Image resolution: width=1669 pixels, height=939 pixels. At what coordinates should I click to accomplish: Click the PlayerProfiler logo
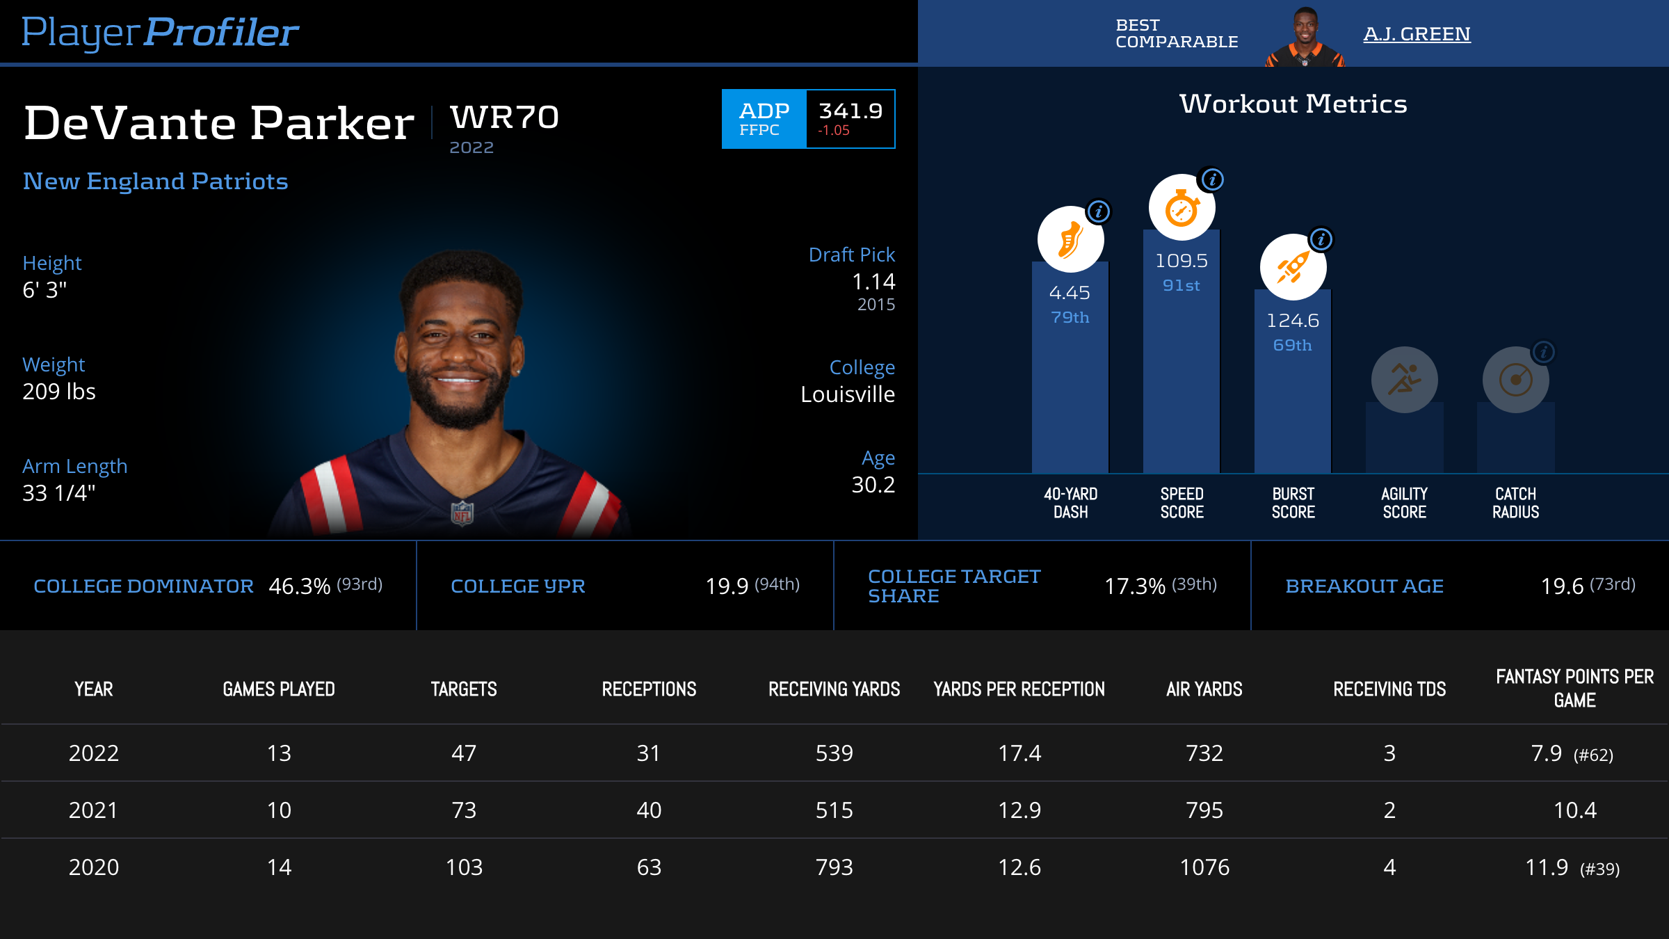click(160, 33)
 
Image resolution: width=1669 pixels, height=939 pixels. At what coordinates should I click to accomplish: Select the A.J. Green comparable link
click(1417, 34)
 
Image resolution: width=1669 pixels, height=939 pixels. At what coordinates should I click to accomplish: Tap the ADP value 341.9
click(850, 111)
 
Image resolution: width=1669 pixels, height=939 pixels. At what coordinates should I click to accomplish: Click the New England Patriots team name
click(155, 181)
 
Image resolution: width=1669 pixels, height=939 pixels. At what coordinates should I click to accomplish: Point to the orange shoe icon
click(1070, 240)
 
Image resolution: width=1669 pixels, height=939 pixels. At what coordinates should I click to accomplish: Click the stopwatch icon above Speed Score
click(1181, 208)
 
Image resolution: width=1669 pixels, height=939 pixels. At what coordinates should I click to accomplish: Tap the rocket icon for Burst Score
click(1292, 268)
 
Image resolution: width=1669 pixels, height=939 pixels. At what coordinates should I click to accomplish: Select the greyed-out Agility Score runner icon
click(1404, 380)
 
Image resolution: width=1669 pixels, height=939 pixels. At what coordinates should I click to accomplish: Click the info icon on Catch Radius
click(1543, 352)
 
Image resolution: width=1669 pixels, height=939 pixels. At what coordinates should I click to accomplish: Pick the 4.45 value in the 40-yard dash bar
click(1070, 293)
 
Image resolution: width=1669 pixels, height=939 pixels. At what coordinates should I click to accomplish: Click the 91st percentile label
click(1181, 285)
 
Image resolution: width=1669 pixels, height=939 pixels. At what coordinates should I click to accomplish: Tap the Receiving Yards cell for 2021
click(834, 810)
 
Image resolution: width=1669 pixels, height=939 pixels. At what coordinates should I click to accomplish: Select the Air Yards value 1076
click(1204, 867)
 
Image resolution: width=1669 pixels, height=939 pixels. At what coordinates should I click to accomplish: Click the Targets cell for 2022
click(464, 753)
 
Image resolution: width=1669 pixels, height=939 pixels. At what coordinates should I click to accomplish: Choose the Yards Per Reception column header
click(1019, 689)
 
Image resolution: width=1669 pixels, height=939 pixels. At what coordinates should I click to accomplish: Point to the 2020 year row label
click(94, 867)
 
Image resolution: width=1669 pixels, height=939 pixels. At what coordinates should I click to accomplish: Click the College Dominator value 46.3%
click(299, 586)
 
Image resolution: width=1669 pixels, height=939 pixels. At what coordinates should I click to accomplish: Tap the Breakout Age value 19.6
click(1562, 586)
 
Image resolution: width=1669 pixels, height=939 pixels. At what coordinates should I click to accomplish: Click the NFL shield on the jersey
click(462, 514)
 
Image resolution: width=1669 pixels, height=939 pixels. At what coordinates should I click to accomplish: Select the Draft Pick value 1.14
click(873, 282)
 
